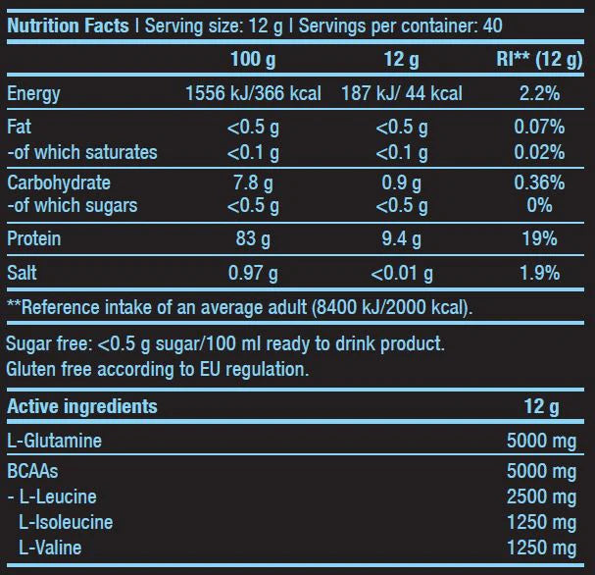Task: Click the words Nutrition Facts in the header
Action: point(69,24)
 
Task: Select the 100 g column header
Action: point(253,60)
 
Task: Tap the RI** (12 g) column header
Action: point(540,60)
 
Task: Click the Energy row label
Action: point(33,94)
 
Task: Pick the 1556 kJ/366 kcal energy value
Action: point(253,94)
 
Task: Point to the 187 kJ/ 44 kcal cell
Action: point(402,94)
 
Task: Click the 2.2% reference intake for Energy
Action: point(540,94)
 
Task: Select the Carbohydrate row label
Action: point(59,183)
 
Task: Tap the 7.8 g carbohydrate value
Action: point(253,183)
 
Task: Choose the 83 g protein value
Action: point(253,238)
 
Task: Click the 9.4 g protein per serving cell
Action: point(402,238)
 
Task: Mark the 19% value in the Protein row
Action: point(540,238)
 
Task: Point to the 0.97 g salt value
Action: point(253,273)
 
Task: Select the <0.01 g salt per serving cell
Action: point(402,273)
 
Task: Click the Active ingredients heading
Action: point(82,406)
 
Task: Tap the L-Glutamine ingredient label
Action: point(54,441)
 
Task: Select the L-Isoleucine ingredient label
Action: point(67,522)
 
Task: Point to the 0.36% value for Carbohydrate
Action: point(540,183)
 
